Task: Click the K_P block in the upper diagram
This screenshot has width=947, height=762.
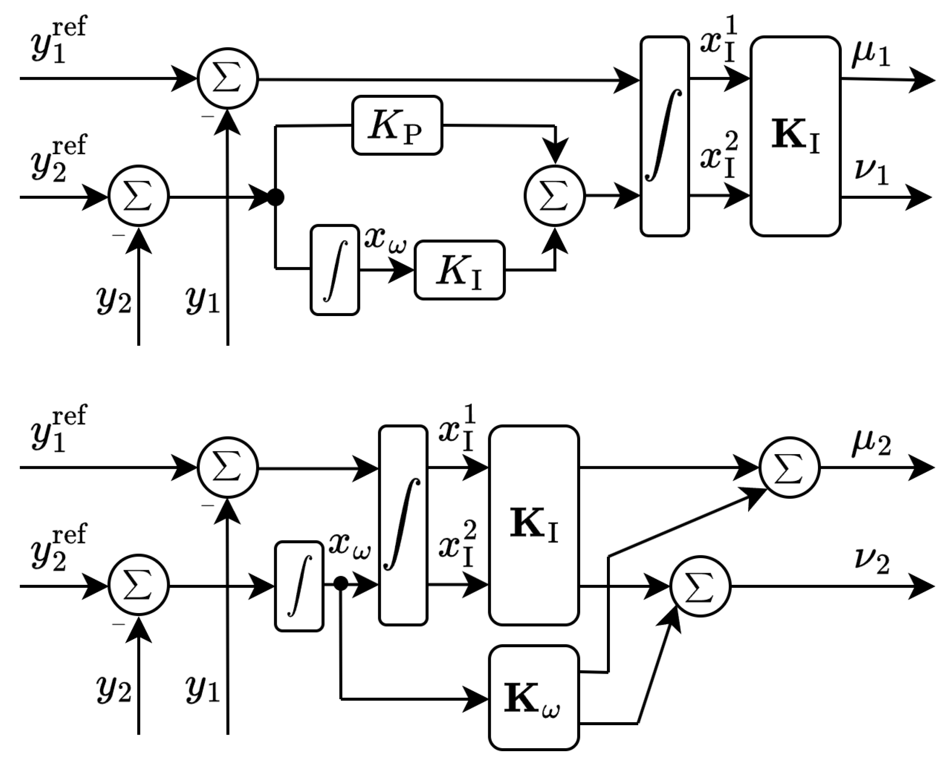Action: (397, 126)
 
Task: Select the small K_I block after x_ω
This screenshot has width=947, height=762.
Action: (460, 271)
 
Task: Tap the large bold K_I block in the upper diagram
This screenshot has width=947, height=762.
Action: (795, 136)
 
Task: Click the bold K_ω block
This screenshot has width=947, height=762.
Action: (534, 698)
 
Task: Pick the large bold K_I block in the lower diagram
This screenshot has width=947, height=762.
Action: (534, 525)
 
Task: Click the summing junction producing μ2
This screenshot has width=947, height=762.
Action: (789, 468)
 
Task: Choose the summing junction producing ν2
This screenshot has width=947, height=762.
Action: (700, 586)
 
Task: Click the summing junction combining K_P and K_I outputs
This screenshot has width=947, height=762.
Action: (555, 196)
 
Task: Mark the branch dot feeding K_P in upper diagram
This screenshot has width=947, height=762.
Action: (276, 197)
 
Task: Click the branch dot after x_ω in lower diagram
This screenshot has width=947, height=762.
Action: (341, 584)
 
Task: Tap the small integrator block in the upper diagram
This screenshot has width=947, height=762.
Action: (335, 270)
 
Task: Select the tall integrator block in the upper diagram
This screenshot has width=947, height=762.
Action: (664, 136)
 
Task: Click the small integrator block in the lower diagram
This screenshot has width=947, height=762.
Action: (299, 586)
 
